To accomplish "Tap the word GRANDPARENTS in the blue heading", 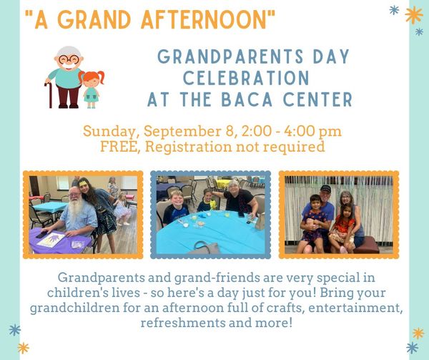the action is (x=230, y=57).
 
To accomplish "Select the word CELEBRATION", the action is (x=246, y=78).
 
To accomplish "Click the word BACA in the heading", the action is (x=247, y=99).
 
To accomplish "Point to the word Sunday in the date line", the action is (x=109, y=132).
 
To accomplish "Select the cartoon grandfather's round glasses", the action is (x=69, y=59).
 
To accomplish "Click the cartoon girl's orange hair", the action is (x=92, y=76).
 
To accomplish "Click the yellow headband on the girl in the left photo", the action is (x=84, y=181).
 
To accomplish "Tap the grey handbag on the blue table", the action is (x=206, y=248).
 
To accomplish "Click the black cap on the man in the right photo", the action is (x=325, y=188).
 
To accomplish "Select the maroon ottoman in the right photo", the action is (x=366, y=245).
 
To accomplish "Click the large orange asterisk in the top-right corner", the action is (x=414, y=15).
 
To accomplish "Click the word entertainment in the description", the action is (x=355, y=308).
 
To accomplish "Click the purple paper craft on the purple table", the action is (x=51, y=239).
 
